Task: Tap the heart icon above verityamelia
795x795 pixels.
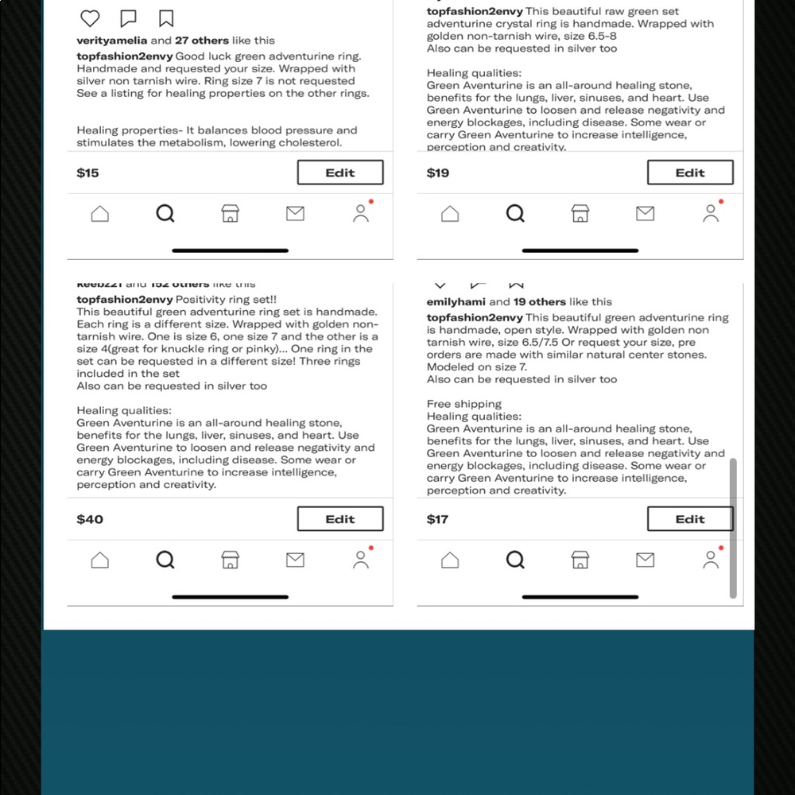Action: click(x=91, y=18)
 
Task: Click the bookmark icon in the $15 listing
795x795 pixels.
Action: click(x=166, y=18)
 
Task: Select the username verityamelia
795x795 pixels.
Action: click(x=112, y=41)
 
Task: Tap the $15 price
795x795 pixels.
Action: click(x=88, y=173)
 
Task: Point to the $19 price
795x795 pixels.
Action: click(x=438, y=173)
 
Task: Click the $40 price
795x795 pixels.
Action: click(x=90, y=519)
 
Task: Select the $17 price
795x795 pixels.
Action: click(x=438, y=519)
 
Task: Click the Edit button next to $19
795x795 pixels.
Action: click(x=690, y=173)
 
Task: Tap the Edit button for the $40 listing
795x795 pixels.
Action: click(x=340, y=519)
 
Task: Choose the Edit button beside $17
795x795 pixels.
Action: click(x=690, y=519)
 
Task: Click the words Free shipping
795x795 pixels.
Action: click(x=464, y=404)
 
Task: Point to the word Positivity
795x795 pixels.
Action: click(x=203, y=300)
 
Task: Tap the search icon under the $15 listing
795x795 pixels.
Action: click(x=165, y=214)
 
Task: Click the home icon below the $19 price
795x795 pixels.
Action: click(x=450, y=214)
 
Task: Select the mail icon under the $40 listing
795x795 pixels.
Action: click(x=295, y=560)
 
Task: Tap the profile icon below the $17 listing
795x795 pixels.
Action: click(x=711, y=560)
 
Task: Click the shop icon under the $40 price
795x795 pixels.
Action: click(x=230, y=560)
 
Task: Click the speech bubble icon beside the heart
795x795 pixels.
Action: click(x=128, y=18)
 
